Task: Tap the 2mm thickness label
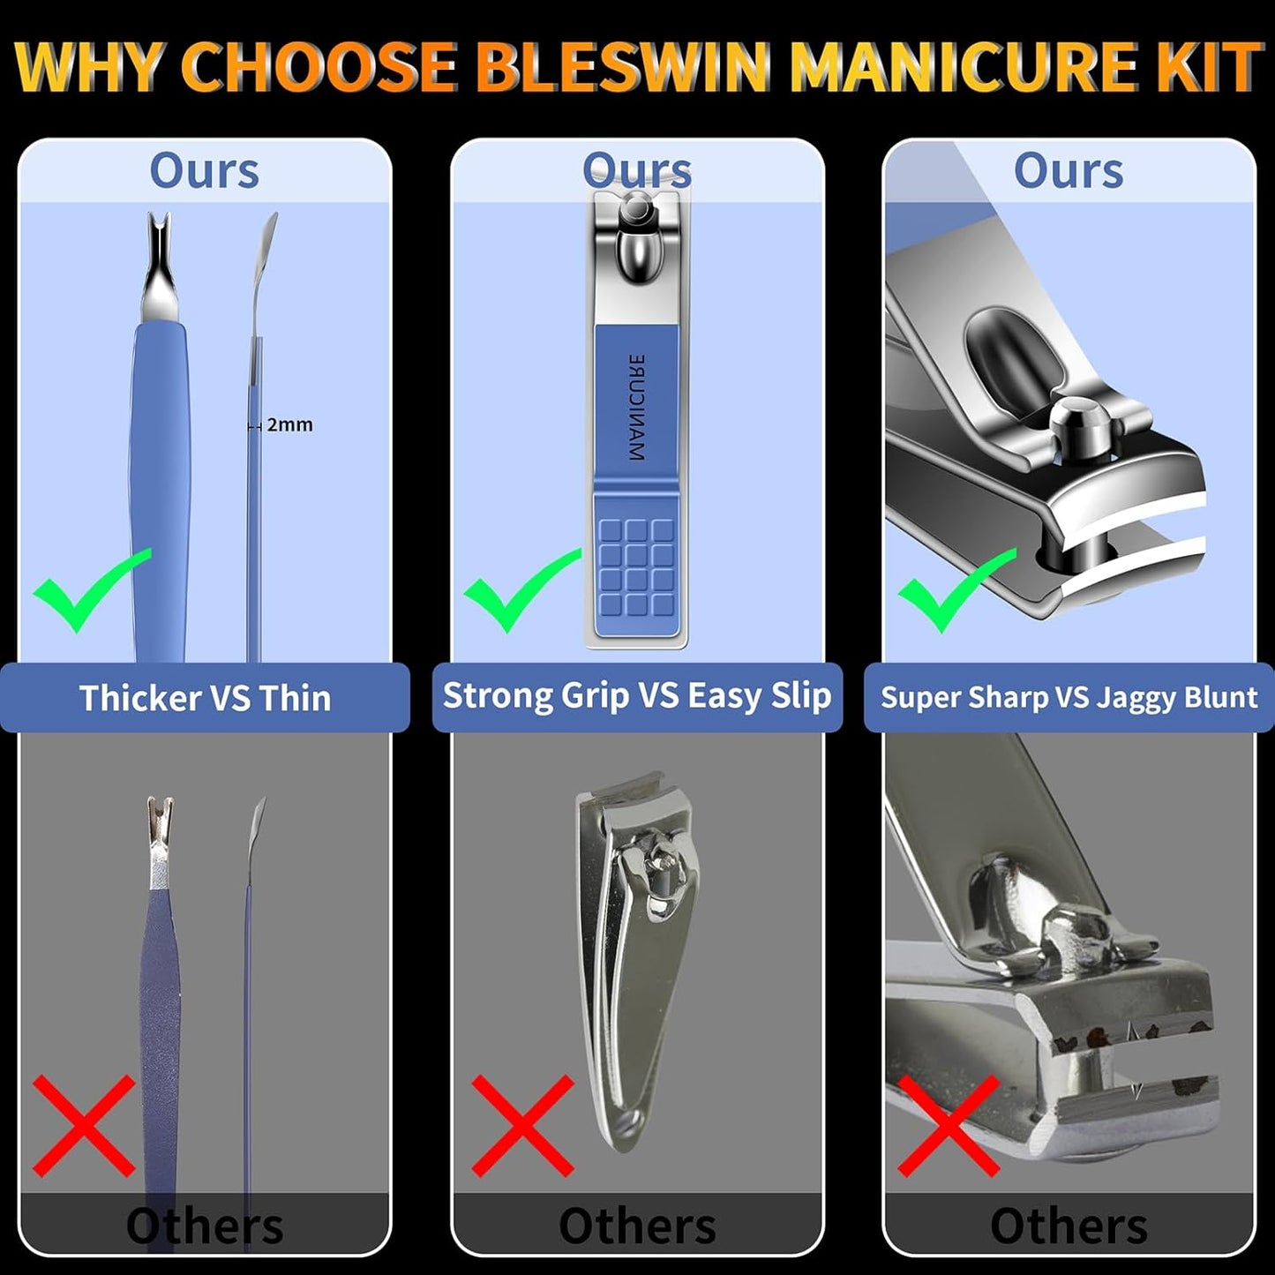coord(289,424)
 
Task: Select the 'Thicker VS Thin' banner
coord(205,698)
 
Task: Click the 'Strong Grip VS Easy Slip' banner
coord(637,696)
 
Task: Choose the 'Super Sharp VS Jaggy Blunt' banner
coord(1069,698)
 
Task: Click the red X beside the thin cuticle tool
coord(84,1125)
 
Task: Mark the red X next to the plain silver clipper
coord(522,1125)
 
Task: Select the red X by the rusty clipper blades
coord(949,1125)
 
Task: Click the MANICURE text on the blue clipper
coord(636,408)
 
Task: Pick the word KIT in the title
coord(1212,66)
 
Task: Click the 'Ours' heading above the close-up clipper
coord(1069,170)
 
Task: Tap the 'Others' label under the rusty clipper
coord(1069,1226)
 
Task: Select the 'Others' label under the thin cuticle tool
coord(205,1226)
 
